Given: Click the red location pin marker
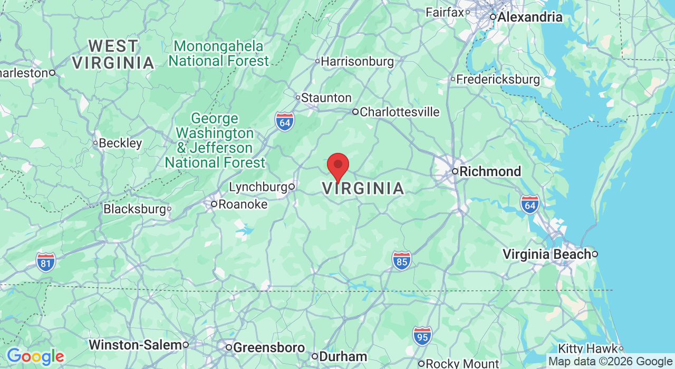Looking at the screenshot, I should coord(338,166).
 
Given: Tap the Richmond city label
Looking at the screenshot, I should coord(490,171).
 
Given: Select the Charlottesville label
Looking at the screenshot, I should coord(399,112).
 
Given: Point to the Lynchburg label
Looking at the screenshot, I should coord(258,187).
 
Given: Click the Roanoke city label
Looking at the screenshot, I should coord(243,204).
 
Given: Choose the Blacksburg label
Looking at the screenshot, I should coord(134,209).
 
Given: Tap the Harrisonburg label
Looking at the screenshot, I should coord(357,62).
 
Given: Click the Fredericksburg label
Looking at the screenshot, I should coord(498,80).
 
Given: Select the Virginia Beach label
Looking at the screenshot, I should coord(546,255).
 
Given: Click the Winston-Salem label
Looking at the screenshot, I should coord(135,345).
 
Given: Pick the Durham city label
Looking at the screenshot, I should coord(343,357).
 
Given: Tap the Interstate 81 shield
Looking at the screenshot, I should coord(46,262).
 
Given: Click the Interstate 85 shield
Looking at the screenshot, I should coord(401,260).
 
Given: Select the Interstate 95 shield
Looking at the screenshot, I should coord(422,336).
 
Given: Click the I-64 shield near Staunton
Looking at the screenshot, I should coord(284,122).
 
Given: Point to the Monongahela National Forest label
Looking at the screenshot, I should coord(219,54).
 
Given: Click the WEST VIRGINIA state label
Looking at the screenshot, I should coord(113,54).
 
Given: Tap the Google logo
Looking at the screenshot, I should coord(35,357).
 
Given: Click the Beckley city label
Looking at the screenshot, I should coord(120,143).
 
